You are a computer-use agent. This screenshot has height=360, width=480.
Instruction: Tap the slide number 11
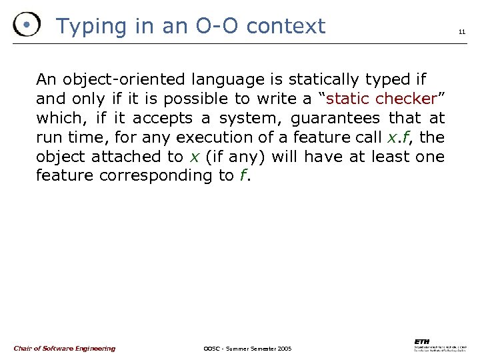pos(461,31)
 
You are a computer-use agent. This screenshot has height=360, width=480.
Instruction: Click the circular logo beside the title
pos(26,25)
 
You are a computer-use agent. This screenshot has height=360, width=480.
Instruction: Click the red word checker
pos(405,99)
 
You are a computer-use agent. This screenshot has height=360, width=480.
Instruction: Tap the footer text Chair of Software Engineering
pos(64,348)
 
